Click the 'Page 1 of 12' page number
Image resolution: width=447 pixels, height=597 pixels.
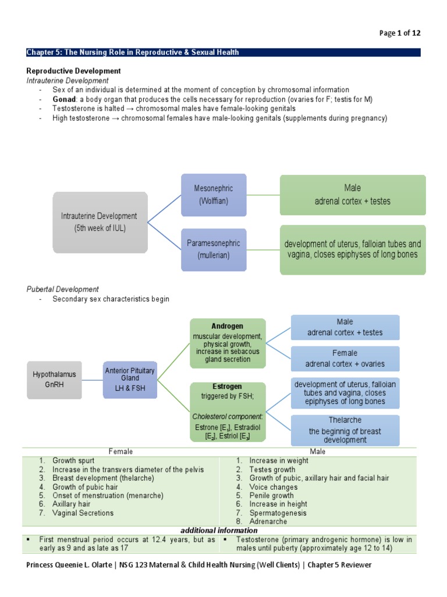tap(399, 33)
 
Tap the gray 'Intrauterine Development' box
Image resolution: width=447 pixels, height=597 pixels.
tap(100, 222)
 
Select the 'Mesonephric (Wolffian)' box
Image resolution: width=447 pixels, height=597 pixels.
tap(213, 195)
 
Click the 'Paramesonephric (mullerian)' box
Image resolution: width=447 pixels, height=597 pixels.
tap(213, 249)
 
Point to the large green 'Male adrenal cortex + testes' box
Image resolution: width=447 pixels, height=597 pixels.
tap(352, 195)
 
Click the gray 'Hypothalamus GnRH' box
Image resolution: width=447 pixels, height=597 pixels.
tap(54, 379)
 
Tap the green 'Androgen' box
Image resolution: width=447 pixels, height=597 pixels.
tap(228, 343)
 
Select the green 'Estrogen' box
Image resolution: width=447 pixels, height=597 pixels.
tap(228, 412)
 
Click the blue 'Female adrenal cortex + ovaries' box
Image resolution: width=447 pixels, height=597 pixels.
tap(345, 359)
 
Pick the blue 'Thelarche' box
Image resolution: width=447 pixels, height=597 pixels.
tap(345, 430)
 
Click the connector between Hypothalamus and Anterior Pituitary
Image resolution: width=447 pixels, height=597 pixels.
tap(92, 380)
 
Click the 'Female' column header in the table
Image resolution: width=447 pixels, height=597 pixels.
tap(120, 451)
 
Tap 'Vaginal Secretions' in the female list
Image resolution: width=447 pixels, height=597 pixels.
tap(83, 513)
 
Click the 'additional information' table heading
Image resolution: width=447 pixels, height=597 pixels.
tap(219, 531)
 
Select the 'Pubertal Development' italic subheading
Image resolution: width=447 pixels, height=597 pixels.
tap(63, 289)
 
